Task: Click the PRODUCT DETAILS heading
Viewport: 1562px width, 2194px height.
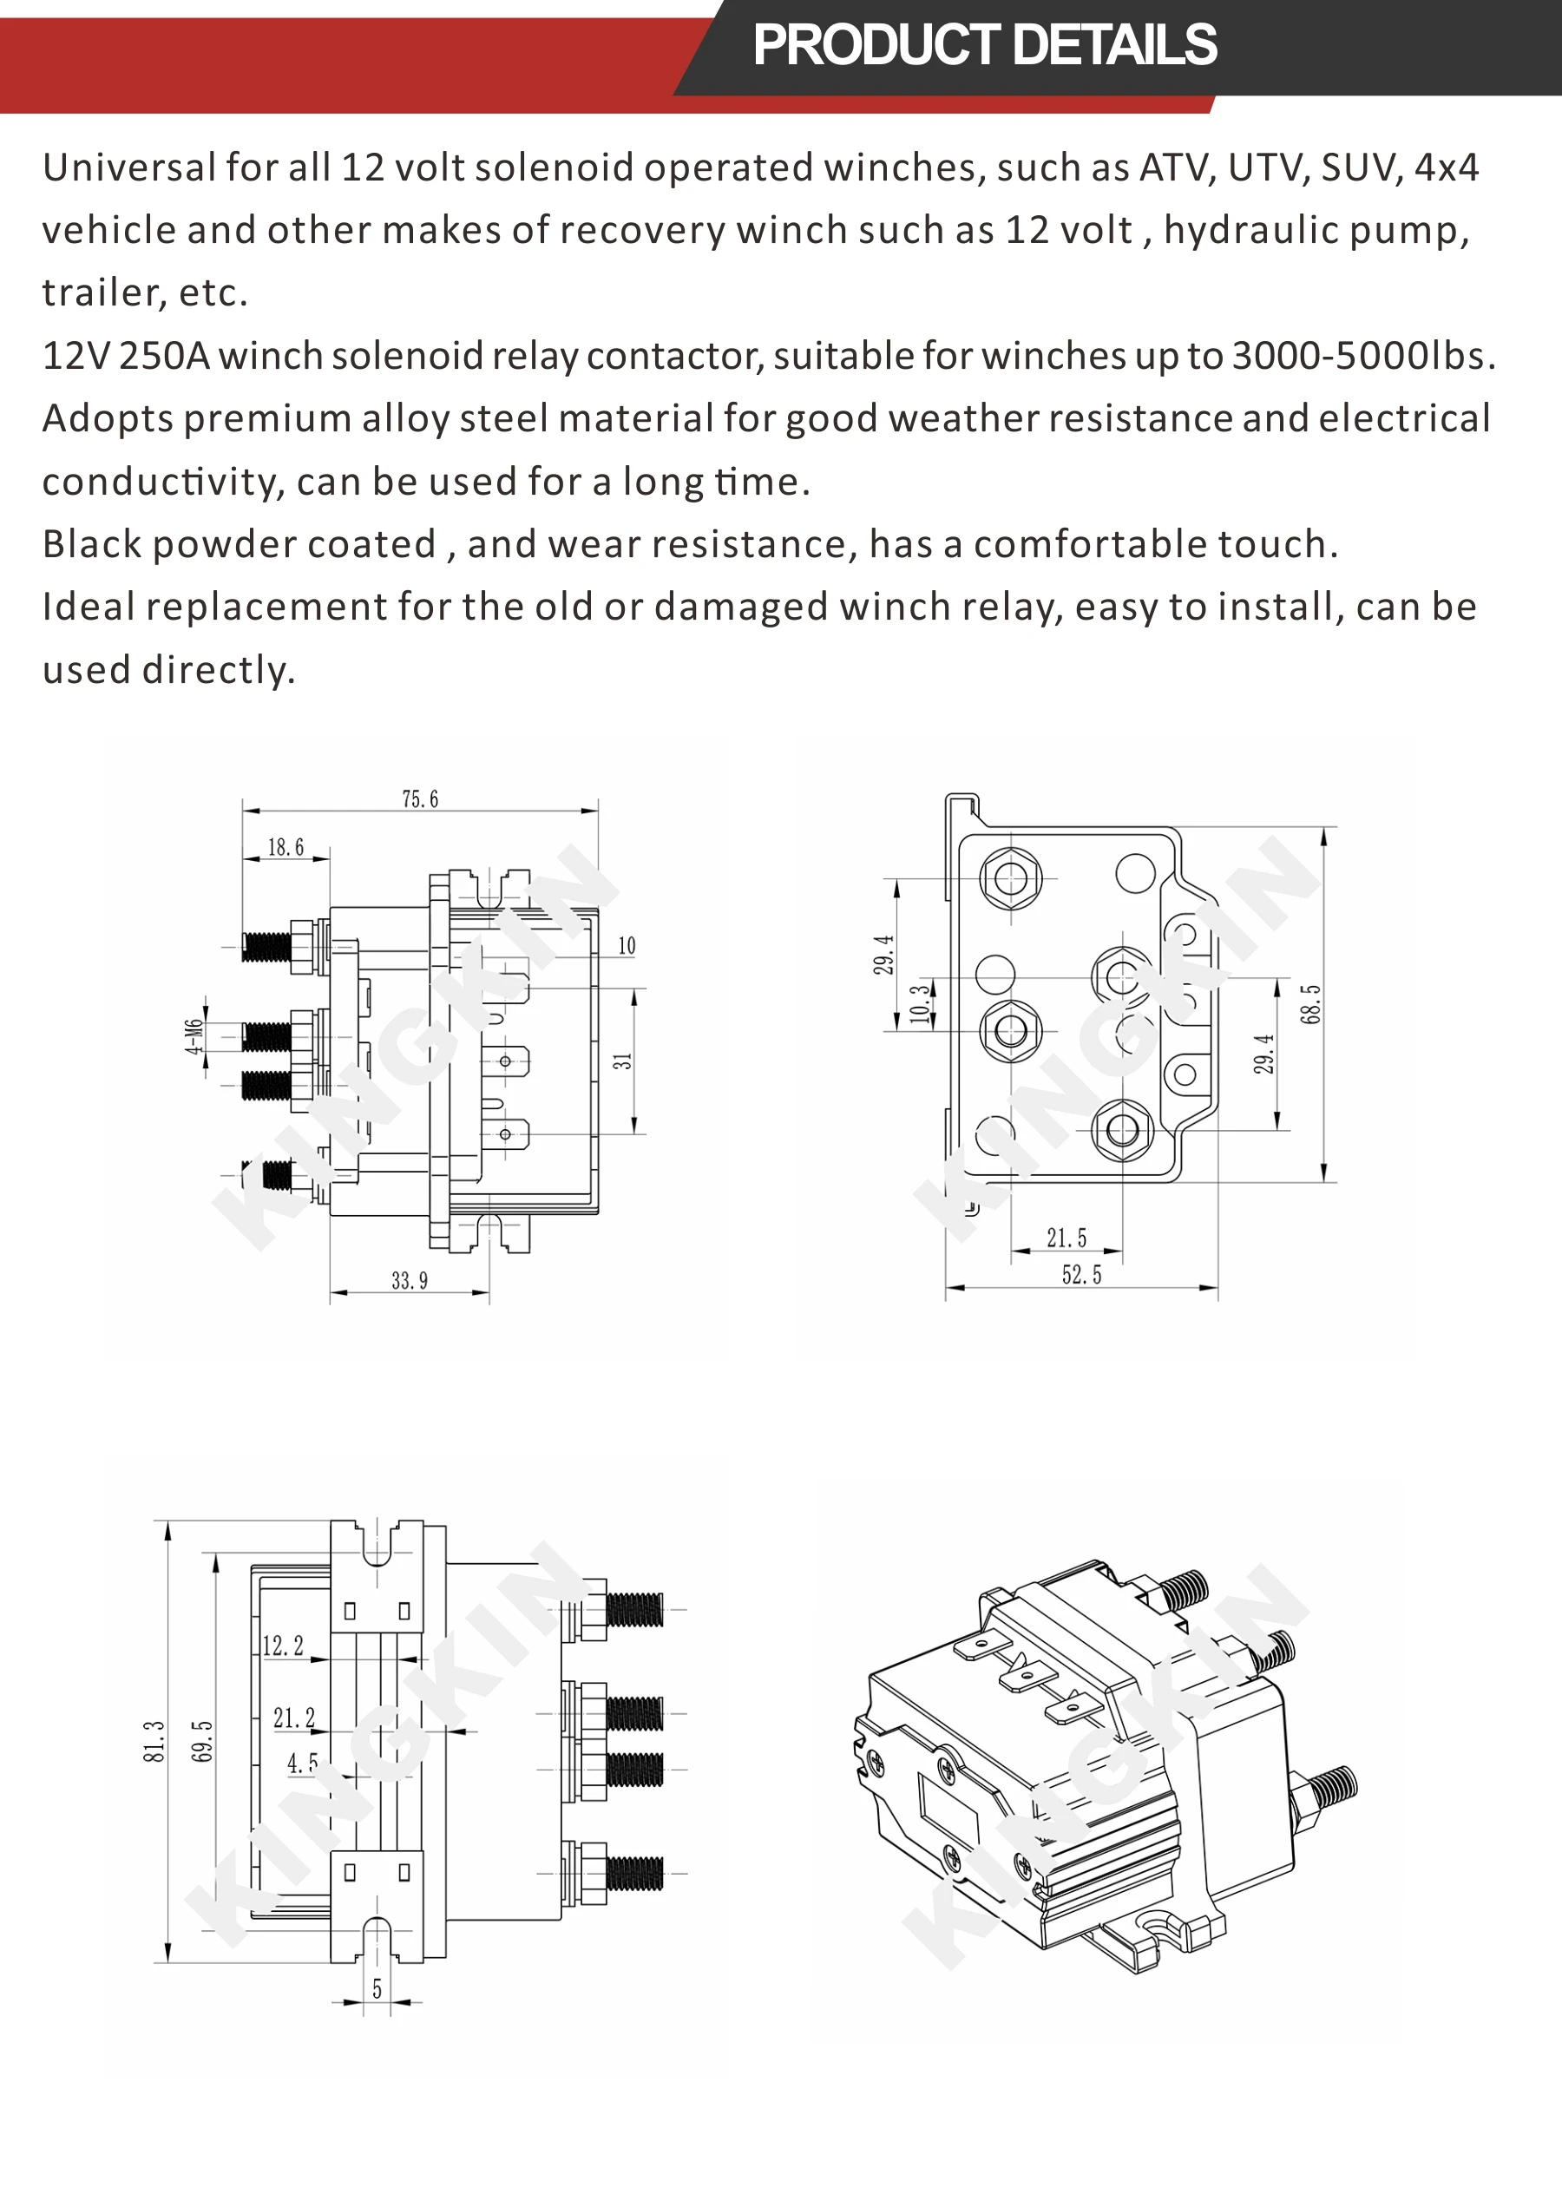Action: [x=984, y=45]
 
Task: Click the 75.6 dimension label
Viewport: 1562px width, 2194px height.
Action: [x=419, y=799]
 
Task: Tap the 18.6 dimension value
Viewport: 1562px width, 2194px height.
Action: [x=285, y=847]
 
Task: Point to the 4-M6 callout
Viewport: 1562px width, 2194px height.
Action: [x=194, y=1037]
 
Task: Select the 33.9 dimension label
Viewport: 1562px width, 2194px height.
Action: [x=410, y=1280]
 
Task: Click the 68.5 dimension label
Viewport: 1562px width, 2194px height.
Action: [x=1311, y=1004]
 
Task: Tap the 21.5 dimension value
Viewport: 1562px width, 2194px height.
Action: [x=1066, y=1238]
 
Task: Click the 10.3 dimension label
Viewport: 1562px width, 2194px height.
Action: [x=921, y=1004]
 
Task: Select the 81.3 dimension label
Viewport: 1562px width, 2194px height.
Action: [x=154, y=1742]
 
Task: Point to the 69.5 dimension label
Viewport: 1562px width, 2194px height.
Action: [x=202, y=1742]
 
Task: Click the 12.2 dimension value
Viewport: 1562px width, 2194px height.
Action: [x=283, y=1645]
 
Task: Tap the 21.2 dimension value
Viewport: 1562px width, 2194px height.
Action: [x=293, y=1718]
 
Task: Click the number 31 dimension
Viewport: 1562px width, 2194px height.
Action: [x=623, y=1061]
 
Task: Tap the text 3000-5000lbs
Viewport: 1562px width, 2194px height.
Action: [x=1363, y=357]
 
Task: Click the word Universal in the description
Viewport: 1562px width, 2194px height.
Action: [x=129, y=168]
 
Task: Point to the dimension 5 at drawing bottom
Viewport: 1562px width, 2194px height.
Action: [x=377, y=1988]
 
